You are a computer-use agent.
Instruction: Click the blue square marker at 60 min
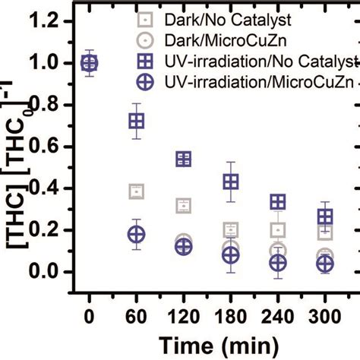137,121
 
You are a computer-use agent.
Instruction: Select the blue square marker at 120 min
184,159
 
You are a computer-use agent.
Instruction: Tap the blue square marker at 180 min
231,182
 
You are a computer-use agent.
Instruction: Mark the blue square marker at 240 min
278,201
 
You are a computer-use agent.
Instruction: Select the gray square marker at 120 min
184,206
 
